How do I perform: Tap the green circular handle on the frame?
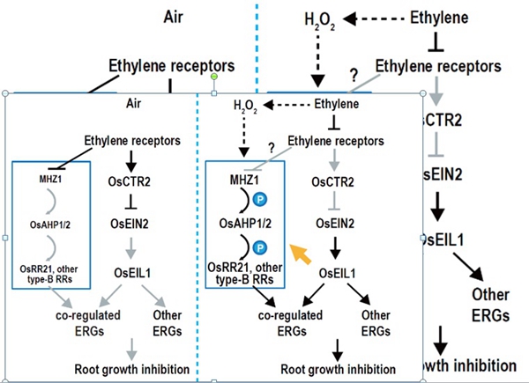214,77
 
